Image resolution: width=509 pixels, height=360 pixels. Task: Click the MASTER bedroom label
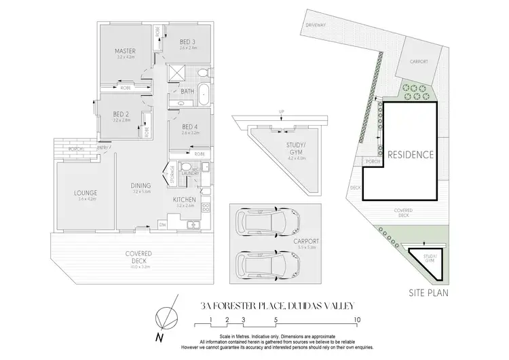(125, 52)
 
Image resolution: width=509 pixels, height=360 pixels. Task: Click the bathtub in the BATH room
(202, 98)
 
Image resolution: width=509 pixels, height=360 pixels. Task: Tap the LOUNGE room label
(86, 194)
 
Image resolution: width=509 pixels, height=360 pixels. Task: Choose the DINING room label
(141, 185)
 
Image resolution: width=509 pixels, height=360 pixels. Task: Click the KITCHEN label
(185, 201)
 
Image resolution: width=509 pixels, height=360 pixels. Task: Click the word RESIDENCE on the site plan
(410, 154)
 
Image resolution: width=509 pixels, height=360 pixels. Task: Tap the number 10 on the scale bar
(357, 319)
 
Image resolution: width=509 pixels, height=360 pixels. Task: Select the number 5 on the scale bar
(276, 319)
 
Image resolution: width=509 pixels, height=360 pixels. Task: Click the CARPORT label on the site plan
(419, 61)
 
